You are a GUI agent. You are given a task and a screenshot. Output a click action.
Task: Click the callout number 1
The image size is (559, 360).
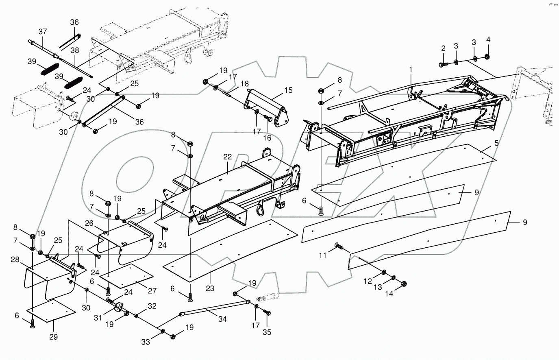[x=411, y=70]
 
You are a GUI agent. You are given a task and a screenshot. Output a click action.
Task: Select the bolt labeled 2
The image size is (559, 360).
[x=443, y=64]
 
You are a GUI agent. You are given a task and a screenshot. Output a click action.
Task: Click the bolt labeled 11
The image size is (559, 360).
[x=338, y=245]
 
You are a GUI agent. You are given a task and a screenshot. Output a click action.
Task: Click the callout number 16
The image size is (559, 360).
[x=267, y=138]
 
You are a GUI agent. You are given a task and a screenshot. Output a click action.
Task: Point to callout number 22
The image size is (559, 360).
[x=227, y=157]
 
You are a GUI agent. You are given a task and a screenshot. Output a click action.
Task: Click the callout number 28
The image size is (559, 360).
[x=15, y=260]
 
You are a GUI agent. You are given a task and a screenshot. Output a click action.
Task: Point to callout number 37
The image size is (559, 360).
[x=43, y=32]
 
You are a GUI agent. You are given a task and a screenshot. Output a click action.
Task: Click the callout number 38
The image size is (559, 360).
[x=75, y=50]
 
